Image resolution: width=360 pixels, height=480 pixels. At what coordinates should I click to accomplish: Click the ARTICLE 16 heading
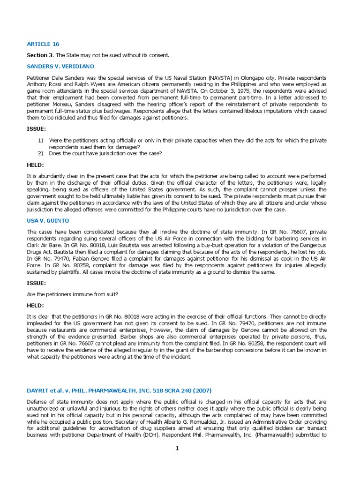click(x=43, y=44)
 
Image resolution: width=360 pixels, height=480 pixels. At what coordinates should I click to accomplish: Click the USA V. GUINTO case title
click(x=49, y=220)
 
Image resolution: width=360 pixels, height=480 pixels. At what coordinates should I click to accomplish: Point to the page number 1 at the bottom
click(x=177, y=448)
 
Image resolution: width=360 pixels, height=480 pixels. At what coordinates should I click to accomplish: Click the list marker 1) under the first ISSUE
click(x=40, y=141)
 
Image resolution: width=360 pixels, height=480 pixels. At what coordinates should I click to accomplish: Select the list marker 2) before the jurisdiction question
click(x=40, y=153)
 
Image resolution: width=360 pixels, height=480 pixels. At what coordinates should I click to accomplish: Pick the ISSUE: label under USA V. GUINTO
click(x=37, y=283)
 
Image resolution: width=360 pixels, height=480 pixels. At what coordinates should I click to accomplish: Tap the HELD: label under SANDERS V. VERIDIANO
click(x=36, y=165)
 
